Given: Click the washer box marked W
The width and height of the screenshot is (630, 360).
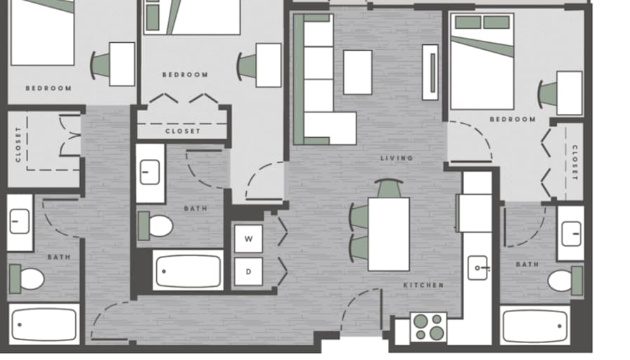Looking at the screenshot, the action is click(248, 238).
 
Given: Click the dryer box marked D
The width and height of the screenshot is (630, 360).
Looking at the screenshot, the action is click(248, 272).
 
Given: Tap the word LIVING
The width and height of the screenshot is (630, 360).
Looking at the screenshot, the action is click(397, 158).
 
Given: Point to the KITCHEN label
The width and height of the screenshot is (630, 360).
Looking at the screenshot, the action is click(423, 285).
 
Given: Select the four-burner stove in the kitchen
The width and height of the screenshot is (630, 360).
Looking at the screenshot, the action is click(428, 327).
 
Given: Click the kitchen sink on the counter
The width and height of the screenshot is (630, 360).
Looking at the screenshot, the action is click(477, 268).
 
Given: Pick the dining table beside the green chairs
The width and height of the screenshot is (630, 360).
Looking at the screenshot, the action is click(389, 234).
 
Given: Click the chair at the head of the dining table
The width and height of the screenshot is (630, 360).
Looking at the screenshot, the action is click(389, 188).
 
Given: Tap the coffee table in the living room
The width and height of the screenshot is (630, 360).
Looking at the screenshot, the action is click(358, 72).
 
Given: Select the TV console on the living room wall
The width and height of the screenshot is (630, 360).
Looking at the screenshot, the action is click(430, 72).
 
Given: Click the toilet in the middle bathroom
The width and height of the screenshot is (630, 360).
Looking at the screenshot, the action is click(156, 226).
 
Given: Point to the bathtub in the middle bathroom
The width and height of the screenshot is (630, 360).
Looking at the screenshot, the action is click(188, 271).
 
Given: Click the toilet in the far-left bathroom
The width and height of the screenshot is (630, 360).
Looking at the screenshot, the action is click(27, 279).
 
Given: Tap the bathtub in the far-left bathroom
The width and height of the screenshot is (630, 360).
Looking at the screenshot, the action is click(44, 325).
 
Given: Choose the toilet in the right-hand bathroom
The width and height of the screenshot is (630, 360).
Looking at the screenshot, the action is click(565, 281).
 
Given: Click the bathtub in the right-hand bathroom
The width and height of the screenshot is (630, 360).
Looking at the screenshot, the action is click(535, 326).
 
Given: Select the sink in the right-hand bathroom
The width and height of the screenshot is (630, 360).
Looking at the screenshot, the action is click(571, 233).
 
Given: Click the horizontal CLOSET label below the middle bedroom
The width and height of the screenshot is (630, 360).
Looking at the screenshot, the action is click(182, 131).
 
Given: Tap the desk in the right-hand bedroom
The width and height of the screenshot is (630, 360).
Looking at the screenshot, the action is click(570, 94).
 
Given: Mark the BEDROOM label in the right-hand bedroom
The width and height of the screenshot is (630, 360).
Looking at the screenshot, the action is click(513, 120).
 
